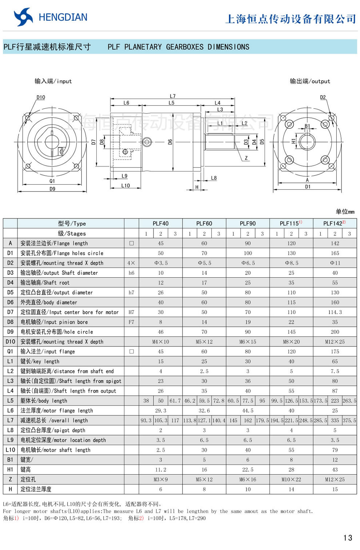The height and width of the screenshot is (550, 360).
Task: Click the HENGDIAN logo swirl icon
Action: click(x=23, y=17)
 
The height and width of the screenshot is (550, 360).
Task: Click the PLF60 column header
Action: click(x=204, y=223)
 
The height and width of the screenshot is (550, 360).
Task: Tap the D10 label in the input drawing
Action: click(x=41, y=97)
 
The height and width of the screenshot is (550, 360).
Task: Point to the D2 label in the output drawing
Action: click(x=323, y=97)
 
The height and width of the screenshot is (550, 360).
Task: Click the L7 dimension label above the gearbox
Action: click(x=172, y=96)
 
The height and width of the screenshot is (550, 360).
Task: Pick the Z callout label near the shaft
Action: click(x=246, y=158)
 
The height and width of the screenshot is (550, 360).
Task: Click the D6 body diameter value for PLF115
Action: click(x=291, y=302)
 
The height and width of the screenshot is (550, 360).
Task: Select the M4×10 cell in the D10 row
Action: click(x=160, y=342)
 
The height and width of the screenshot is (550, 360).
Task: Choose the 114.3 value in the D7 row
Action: click(x=335, y=312)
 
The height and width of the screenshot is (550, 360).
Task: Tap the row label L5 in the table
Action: click(x=10, y=401)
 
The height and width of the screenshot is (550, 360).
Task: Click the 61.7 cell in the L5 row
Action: click(x=175, y=401)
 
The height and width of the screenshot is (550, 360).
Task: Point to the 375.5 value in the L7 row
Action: click(x=349, y=420)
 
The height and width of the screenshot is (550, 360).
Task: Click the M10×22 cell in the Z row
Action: click(x=291, y=479)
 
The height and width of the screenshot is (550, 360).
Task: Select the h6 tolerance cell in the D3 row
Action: click(x=131, y=273)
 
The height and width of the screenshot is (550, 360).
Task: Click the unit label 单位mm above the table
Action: click(x=345, y=212)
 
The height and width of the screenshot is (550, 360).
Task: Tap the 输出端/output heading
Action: click(x=310, y=81)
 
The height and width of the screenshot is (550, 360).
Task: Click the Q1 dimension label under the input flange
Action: click(x=52, y=181)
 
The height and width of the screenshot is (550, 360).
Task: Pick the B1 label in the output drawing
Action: click(x=307, y=126)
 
